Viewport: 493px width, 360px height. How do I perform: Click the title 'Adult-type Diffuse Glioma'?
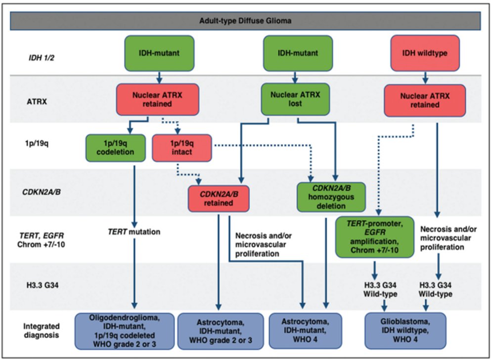point(246,21)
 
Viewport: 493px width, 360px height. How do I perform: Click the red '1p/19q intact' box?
point(182,148)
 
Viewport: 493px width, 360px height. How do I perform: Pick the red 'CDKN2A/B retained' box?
point(218,198)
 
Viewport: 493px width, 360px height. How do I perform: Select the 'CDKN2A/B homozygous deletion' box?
point(331,197)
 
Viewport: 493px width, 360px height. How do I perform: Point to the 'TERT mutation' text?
point(134,231)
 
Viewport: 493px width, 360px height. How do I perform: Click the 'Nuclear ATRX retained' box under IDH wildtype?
point(425,100)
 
